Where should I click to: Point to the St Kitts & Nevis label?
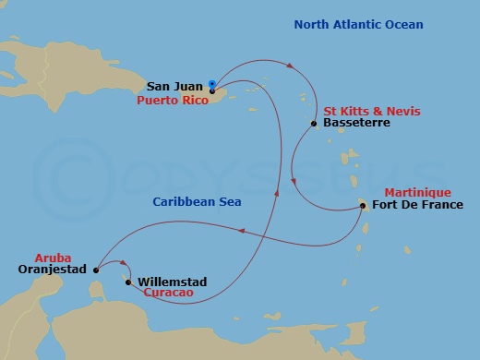coord(363,110)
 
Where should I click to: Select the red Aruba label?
coord(52,258)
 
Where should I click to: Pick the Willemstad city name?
coord(172,282)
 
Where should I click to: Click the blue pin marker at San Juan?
coord(212,81)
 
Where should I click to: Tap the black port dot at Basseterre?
coord(315,124)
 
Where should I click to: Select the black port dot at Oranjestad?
coord(96,270)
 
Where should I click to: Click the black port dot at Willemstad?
coord(128,282)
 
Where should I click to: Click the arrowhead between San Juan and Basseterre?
coord(292,66)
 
